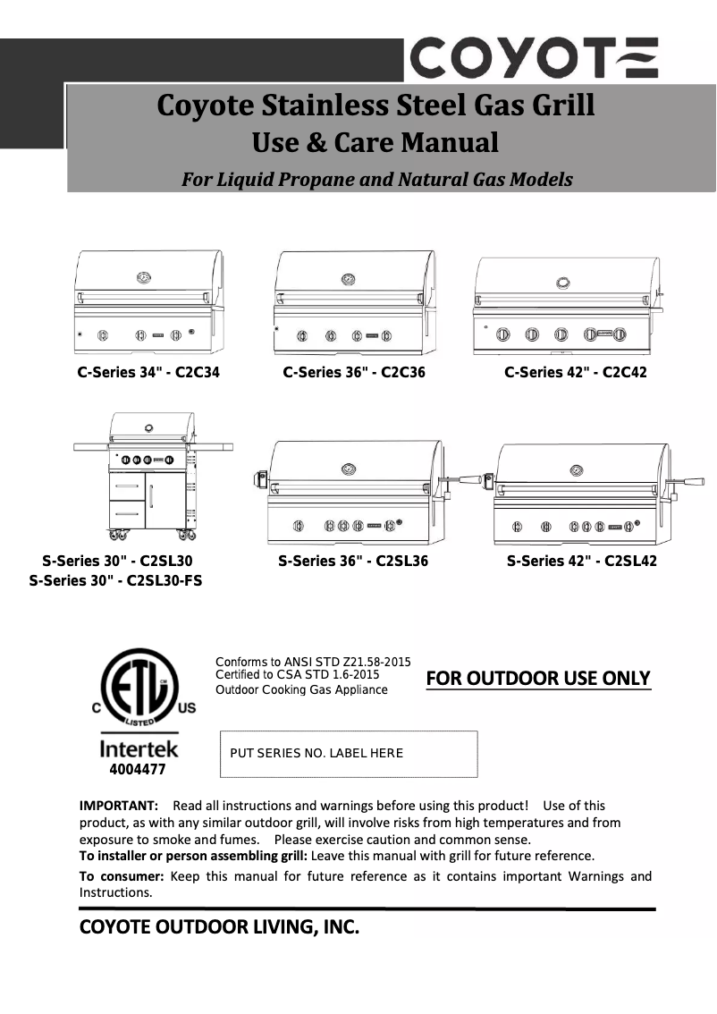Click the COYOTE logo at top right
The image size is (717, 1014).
coord(535,58)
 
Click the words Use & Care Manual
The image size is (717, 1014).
coord(375,141)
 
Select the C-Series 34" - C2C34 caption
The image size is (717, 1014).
coord(148,372)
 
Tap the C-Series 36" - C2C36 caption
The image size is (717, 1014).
coord(354,372)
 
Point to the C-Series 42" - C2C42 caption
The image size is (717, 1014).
coord(575,372)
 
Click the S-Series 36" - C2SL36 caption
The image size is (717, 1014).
coord(353,562)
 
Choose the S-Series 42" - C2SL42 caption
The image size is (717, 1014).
coord(581,562)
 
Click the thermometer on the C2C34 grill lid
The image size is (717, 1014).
coord(143,278)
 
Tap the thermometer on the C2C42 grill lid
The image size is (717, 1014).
coord(563,282)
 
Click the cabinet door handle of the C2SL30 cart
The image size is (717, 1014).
coord(151,497)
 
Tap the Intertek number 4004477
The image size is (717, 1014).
coord(137,768)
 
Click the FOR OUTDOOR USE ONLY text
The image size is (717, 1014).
coord(538,678)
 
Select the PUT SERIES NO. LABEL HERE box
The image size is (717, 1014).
coord(349,753)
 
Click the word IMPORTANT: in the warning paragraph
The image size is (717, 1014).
coord(119,806)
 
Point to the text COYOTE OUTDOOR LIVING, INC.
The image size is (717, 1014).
coord(220,928)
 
